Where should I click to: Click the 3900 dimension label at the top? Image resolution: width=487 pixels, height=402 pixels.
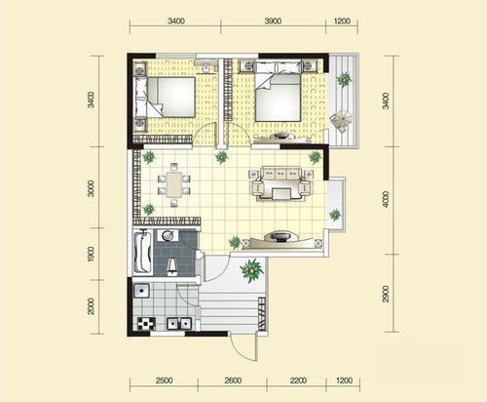point(273,21)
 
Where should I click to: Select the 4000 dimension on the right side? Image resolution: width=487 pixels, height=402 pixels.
point(386,199)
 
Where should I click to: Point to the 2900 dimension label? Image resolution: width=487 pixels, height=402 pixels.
point(386,294)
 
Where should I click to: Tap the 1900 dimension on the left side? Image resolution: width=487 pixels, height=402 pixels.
point(91,255)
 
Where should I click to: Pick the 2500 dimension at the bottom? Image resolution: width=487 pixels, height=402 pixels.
point(164,381)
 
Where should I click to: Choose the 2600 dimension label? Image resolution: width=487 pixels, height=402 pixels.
point(233,381)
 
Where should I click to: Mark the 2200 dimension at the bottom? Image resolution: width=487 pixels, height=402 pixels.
point(298,381)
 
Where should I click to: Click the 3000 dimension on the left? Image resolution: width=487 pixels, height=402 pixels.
point(91,188)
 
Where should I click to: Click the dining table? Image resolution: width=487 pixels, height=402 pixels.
point(174,184)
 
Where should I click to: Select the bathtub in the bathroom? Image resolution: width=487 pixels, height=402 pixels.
point(142,252)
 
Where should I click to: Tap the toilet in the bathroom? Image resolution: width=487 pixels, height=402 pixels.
point(172,265)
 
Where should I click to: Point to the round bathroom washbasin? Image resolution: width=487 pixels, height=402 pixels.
point(168,235)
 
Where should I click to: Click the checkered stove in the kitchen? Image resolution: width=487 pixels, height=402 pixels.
point(146,324)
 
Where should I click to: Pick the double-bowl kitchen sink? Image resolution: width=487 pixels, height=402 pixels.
point(179,324)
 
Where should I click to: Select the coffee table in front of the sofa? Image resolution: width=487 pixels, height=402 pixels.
point(281,193)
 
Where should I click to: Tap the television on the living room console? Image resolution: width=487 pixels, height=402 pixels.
point(280,236)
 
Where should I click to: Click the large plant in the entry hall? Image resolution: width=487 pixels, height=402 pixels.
point(251,270)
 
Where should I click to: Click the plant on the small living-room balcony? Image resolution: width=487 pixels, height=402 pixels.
point(335,215)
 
